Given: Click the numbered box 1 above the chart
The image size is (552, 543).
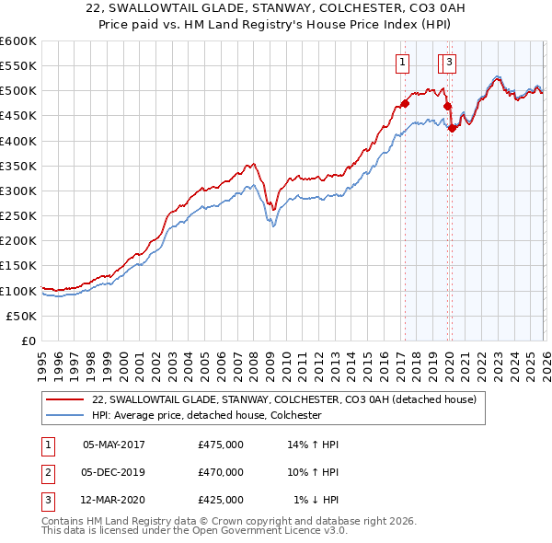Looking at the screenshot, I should coord(403,63).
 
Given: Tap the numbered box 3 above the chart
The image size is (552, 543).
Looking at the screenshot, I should coord(449,63).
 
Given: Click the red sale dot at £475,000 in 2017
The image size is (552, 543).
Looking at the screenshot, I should coord(404,103).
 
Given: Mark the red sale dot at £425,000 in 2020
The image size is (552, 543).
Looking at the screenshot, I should coord(452,128).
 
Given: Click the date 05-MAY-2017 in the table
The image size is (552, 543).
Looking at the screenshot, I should coord(114,444).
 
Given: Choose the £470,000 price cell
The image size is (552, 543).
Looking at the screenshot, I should coord(221,472).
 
